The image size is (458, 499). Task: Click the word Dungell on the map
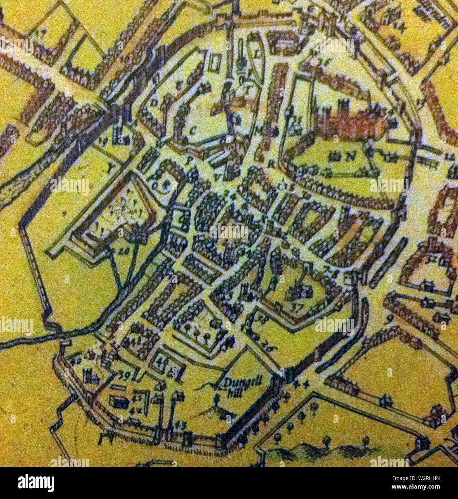(243, 382)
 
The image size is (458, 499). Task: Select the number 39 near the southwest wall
(124, 376)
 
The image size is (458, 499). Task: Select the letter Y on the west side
(110, 166)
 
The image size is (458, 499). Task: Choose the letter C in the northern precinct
(193, 131)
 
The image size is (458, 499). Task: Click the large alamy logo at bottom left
(36, 483)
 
